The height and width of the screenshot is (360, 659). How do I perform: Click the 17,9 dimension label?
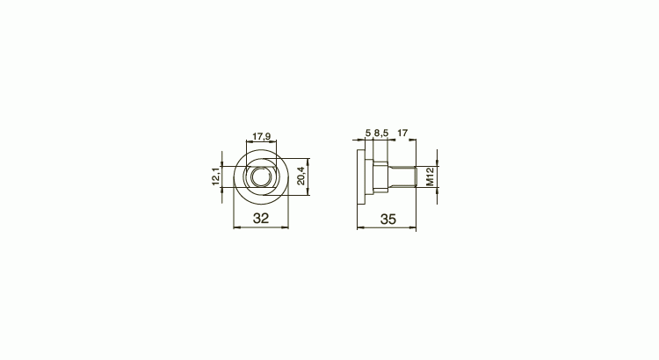[x=260, y=136]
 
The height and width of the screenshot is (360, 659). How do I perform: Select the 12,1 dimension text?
[x=215, y=176]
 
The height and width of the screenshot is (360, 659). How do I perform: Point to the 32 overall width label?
[x=260, y=219]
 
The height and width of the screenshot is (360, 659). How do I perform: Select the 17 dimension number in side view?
[x=402, y=133]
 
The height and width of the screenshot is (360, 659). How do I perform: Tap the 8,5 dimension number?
[x=381, y=133]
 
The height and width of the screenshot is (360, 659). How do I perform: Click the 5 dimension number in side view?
[x=366, y=133]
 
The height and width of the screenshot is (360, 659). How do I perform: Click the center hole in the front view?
[x=260, y=177]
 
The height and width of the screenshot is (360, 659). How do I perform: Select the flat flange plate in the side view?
[x=360, y=176]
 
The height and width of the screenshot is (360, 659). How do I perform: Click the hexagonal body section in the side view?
[x=379, y=176]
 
